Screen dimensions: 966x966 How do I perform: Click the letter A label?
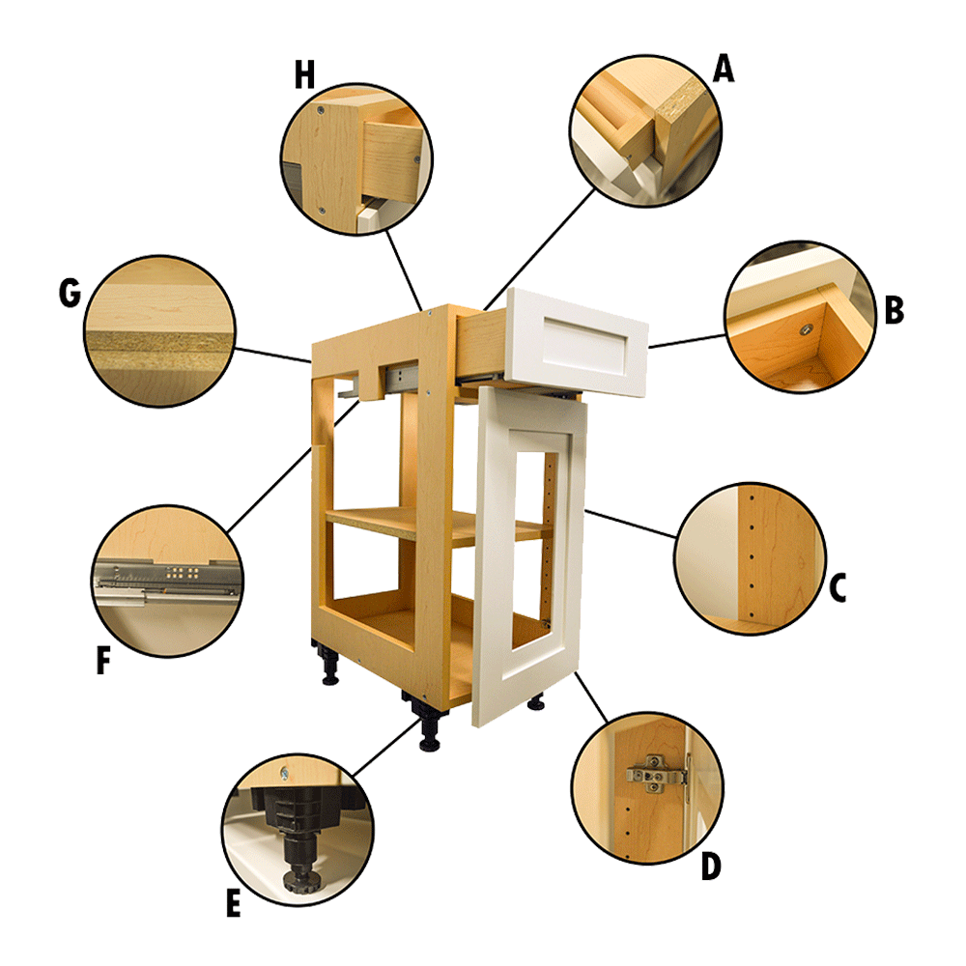point(723,69)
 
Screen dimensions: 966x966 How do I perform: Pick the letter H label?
point(304,75)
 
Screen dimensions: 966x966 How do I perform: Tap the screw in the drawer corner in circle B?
point(804,331)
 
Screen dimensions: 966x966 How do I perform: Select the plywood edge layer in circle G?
point(159,341)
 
